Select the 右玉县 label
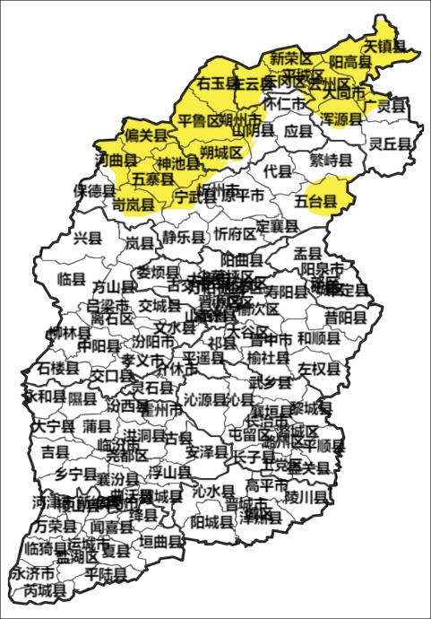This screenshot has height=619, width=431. tap(219, 83)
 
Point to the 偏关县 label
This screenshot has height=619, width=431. tap(147, 135)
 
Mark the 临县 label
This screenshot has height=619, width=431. tap(70, 278)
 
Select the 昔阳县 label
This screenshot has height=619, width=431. tap(346, 318)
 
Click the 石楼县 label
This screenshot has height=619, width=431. tap(58, 368)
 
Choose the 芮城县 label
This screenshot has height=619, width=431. tap(46, 591)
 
